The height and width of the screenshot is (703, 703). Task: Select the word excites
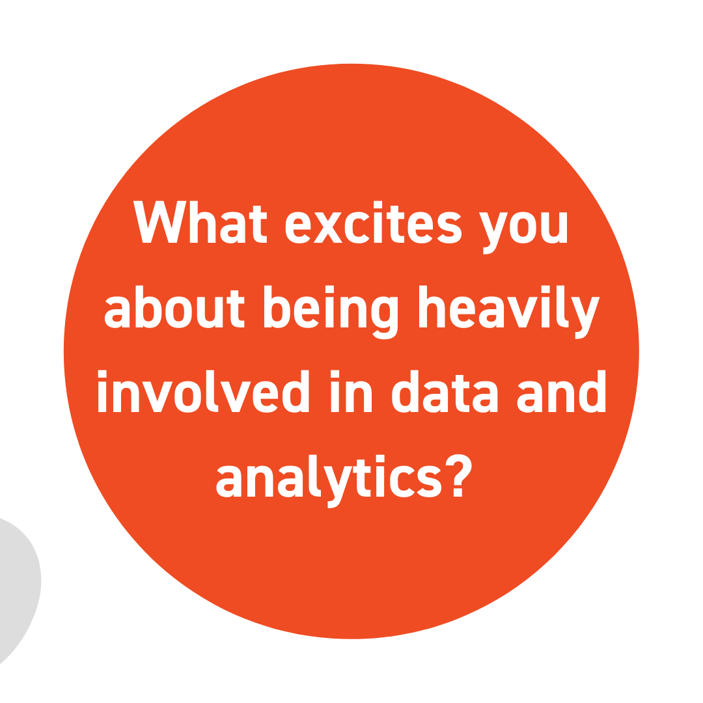click(374, 222)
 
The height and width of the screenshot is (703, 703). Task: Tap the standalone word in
click(351, 391)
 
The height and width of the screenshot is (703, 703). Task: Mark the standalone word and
click(561, 391)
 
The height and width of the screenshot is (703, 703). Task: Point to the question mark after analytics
click(458, 475)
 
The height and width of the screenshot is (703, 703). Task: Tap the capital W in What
click(159, 222)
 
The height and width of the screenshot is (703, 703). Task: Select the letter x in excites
click(327, 228)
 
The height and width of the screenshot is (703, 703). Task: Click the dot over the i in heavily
click(545, 289)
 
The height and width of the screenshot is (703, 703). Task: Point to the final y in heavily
click(586, 318)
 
